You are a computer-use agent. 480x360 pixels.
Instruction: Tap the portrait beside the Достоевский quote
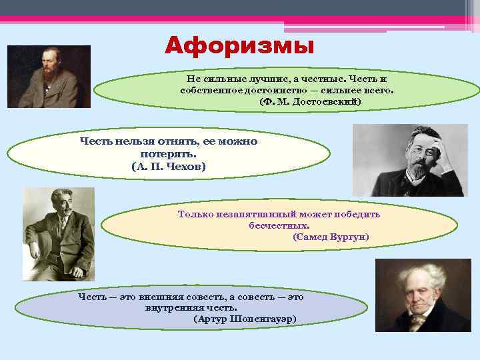coord(49,77)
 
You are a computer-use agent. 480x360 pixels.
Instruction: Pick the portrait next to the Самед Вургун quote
coord(59,234)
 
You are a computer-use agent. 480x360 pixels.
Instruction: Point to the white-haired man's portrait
coord(413,295)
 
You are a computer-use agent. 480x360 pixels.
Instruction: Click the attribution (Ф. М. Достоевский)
coord(310,101)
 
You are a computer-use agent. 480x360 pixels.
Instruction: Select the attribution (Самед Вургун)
coord(331,237)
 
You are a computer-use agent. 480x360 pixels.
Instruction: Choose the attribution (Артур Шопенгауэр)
coord(245,319)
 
